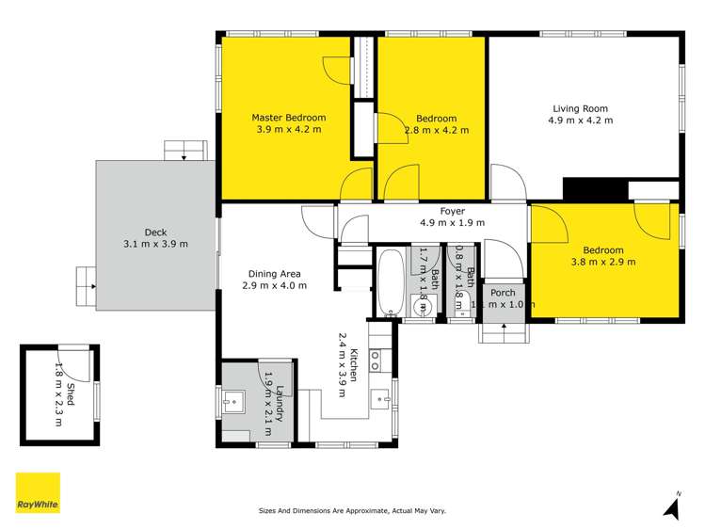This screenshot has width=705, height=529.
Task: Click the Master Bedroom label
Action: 288,118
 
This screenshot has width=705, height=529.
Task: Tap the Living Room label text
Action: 580,106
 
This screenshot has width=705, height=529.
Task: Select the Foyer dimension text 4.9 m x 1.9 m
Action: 452,223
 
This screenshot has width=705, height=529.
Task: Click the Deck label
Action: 155,232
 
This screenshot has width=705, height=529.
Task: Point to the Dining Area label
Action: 274,273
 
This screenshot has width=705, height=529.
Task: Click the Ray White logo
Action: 38,493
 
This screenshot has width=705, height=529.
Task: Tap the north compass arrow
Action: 672,507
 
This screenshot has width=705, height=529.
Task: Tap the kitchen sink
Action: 380,399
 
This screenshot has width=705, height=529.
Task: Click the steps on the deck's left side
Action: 85,278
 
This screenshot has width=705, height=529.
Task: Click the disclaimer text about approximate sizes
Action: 352,511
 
